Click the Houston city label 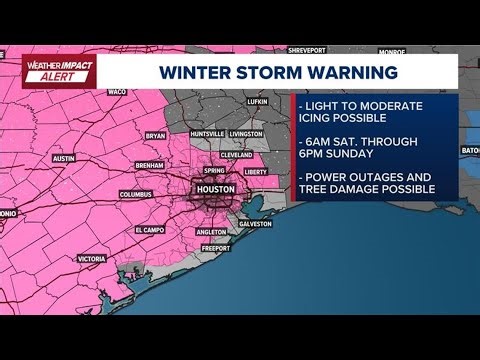coord(215,188)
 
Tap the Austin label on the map coord(64,158)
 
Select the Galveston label coord(256,223)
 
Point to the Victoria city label coord(91,258)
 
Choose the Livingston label coord(245,133)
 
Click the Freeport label coord(229,248)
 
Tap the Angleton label coord(212,231)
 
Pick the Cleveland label coord(236,155)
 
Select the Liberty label coord(255,171)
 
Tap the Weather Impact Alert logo coord(54,71)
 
